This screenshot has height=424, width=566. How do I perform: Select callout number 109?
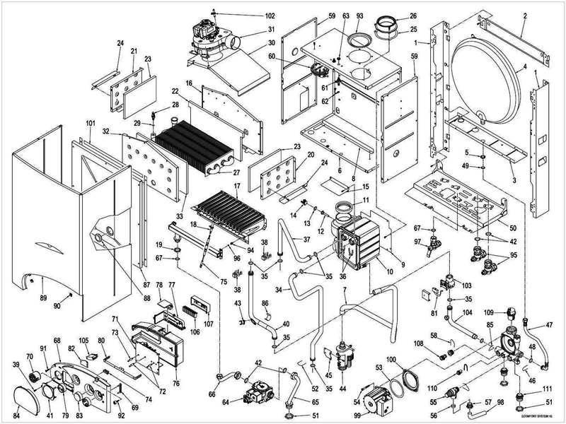click(490, 311)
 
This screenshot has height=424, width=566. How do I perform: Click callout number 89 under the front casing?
click(43, 300)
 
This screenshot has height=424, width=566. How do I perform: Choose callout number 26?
click(413, 16)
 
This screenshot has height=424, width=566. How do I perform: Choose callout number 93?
click(359, 16)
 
